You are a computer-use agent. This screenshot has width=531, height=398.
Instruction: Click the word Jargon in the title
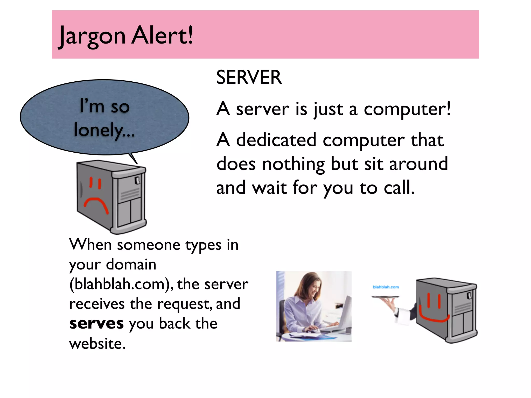pos(92,36)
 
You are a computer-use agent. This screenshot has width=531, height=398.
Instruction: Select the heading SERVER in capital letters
pos(249,77)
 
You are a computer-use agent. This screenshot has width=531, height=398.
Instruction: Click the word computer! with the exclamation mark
pos(407,109)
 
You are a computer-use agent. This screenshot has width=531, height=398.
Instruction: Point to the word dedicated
pos(276,140)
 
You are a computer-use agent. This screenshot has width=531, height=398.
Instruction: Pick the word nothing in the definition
pos(293,164)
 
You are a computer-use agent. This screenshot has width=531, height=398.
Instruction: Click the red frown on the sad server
pos(96,205)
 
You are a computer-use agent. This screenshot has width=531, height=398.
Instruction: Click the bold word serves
pos(96,324)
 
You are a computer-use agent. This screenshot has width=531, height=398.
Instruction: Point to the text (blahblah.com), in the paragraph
pos(122,284)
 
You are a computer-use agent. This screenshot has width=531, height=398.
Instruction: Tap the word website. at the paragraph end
pos(97,344)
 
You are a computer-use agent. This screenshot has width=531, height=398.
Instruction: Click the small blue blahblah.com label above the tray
pos(386,287)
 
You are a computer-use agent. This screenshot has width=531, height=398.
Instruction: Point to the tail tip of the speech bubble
pos(137,164)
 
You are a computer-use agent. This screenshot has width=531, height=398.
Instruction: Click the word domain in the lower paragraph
pos(131,265)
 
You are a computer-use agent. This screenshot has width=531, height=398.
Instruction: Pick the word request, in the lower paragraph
pos(184,304)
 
